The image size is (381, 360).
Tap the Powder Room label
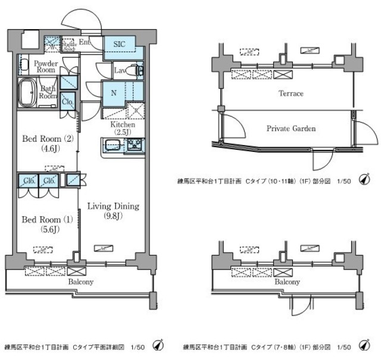click(x=45, y=66)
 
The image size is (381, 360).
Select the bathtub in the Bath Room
click(x=27, y=93)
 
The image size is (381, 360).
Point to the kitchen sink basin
click(x=113, y=145)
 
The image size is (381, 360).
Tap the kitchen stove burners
click(x=134, y=145)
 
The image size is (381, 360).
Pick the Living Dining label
click(x=113, y=206)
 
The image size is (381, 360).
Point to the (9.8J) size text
click(x=113, y=216)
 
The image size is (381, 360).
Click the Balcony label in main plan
click(x=81, y=281)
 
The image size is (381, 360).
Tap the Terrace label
click(x=291, y=93)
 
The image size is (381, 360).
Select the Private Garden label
click(x=291, y=128)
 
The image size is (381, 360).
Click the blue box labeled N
click(x=113, y=92)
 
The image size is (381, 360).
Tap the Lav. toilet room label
click(x=118, y=71)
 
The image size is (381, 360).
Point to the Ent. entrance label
click(x=84, y=42)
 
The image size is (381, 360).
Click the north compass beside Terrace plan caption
click(x=364, y=181)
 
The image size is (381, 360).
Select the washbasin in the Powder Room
click(x=23, y=62)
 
